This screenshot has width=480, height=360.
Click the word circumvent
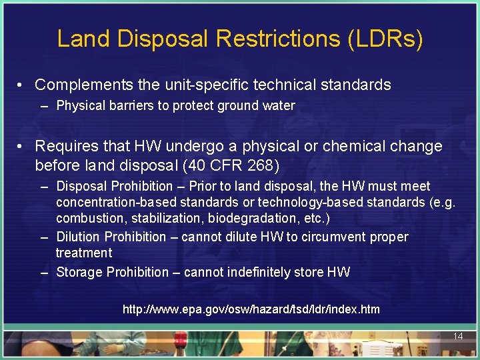pyautogui.click(x=335, y=237)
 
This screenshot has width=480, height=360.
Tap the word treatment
pyautogui.click(x=84, y=253)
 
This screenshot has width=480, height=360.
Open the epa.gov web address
pyautogui.click(x=251, y=309)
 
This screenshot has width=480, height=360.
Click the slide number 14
pyautogui.click(x=457, y=336)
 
